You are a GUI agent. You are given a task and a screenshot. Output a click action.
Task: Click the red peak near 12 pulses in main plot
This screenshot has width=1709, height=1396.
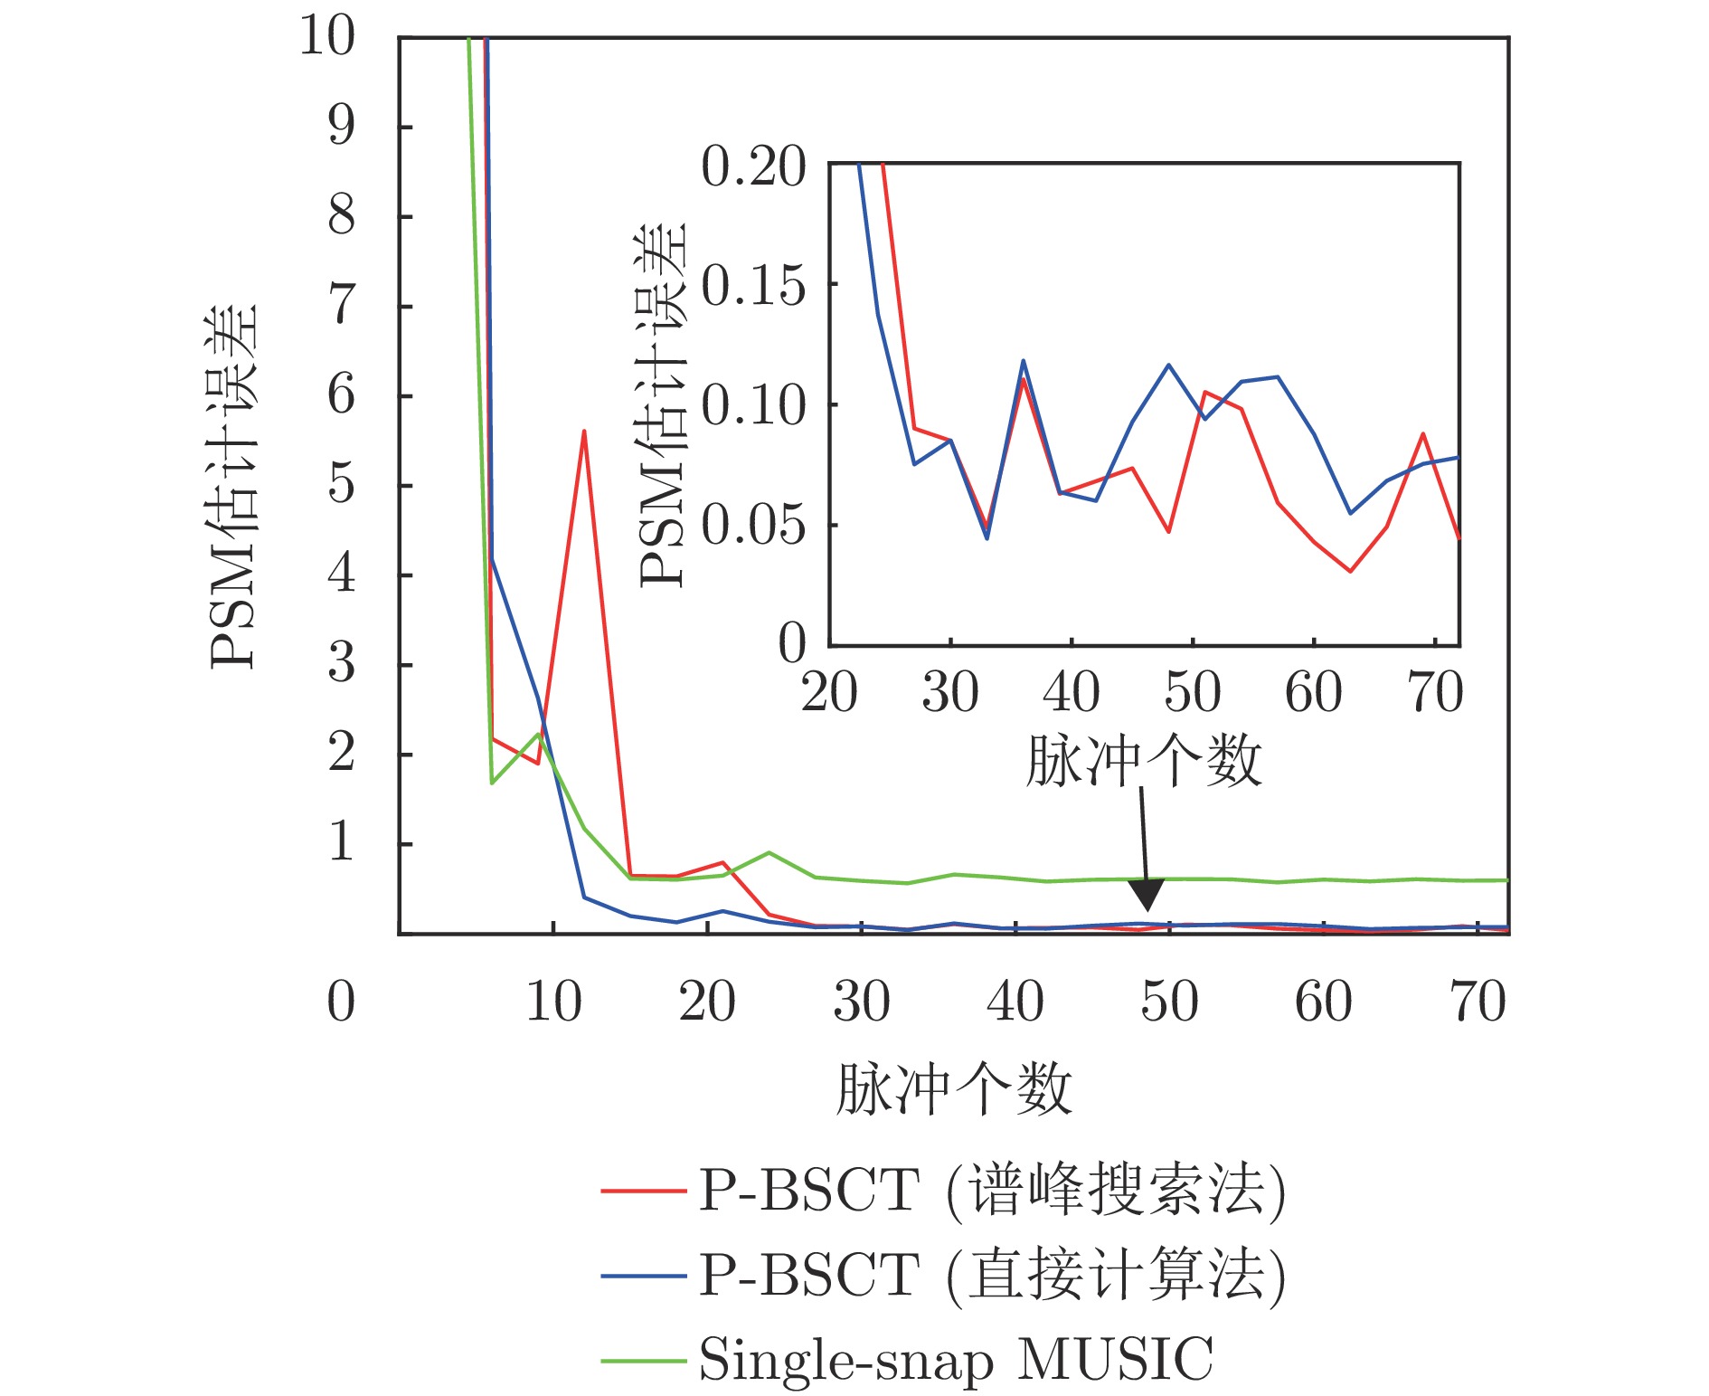pyautogui.click(x=584, y=432)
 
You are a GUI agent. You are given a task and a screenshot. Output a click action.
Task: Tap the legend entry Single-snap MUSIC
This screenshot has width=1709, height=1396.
pyautogui.click(x=956, y=1359)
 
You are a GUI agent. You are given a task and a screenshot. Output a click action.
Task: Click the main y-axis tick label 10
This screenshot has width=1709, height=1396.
pyautogui.click(x=326, y=38)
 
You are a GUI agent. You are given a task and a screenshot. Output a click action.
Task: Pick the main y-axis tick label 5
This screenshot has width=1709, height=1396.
pyautogui.click(x=341, y=485)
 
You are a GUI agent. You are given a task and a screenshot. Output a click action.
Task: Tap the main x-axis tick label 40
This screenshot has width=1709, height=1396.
pyautogui.click(x=1015, y=1002)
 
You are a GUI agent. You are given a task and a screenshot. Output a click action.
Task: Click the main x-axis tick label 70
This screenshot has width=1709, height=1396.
pyautogui.click(x=1478, y=1002)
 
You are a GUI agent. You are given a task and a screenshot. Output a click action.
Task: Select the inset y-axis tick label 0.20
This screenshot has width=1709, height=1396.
pyautogui.click(x=753, y=168)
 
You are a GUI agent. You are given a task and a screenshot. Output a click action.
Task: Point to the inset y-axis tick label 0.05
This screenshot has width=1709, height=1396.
pyautogui.click(x=753, y=526)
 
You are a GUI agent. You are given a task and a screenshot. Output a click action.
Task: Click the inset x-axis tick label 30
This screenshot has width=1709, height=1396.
pyautogui.click(x=949, y=694)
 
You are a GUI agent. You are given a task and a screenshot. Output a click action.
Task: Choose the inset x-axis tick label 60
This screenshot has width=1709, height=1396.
pyautogui.click(x=1313, y=694)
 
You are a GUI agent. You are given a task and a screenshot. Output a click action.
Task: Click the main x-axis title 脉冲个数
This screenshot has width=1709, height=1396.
pyautogui.click(x=954, y=1089)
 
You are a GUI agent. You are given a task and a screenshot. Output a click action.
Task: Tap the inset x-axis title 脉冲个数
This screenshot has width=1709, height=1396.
pyautogui.click(x=1143, y=761)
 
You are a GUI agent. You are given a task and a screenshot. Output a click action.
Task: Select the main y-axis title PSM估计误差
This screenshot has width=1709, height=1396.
pyautogui.click(x=234, y=487)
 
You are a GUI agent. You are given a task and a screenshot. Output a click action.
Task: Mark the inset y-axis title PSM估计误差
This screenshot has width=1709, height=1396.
pyautogui.click(x=664, y=405)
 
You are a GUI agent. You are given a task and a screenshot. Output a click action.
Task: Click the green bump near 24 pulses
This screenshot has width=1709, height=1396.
pyautogui.click(x=769, y=852)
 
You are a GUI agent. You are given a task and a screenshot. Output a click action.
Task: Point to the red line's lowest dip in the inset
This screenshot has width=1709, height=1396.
pyautogui.click(x=1350, y=571)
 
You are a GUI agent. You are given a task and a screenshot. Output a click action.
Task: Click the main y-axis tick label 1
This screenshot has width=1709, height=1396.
pyautogui.click(x=341, y=843)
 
